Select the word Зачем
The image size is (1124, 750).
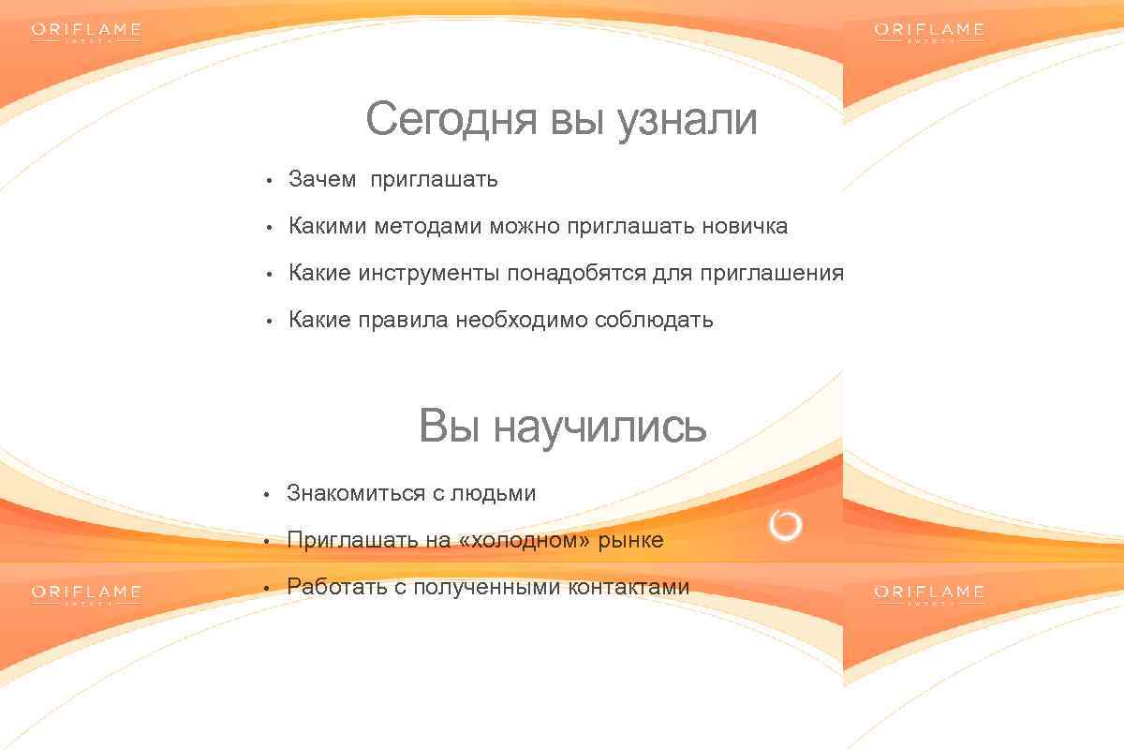coord(322,179)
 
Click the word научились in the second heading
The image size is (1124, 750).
coord(599,427)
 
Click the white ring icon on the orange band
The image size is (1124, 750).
coord(785,526)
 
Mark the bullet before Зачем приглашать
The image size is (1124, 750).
coord(268,180)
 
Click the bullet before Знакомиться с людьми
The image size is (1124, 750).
coord(266,494)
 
